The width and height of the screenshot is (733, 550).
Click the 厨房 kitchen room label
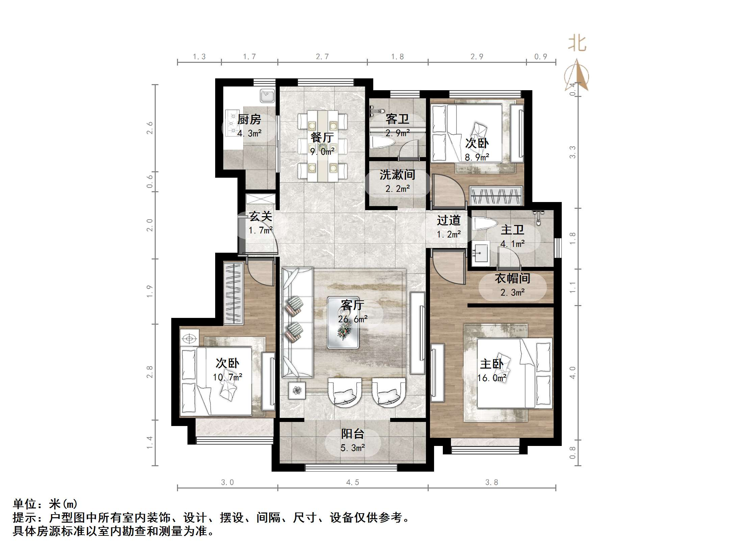(249, 120)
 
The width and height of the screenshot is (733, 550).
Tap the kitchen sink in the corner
(267, 96)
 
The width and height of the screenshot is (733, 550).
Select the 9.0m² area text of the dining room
(322, 152)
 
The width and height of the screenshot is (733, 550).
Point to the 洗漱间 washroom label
(397, 175)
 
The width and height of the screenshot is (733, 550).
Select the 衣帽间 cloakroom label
(512, 278)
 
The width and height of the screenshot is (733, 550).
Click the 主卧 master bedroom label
(491, 364)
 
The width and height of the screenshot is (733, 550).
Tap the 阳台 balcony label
(352, 434)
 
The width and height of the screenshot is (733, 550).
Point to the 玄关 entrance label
(260, 216)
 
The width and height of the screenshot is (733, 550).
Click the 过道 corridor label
(448, 220)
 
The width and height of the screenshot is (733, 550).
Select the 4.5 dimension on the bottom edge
(352, 482)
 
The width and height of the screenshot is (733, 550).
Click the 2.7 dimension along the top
(322, 57)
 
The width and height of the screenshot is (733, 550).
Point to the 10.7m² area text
(227, 377)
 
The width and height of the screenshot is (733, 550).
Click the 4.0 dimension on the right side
(572, 373)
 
